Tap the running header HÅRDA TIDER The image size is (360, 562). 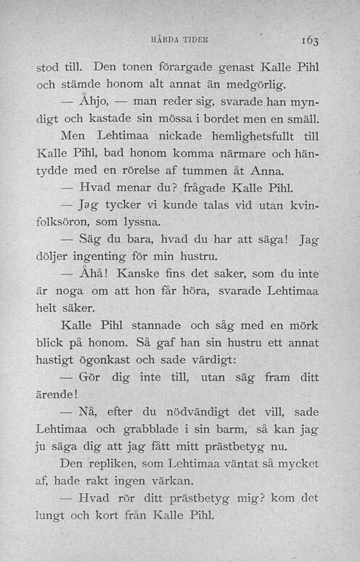tap(178, 41)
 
